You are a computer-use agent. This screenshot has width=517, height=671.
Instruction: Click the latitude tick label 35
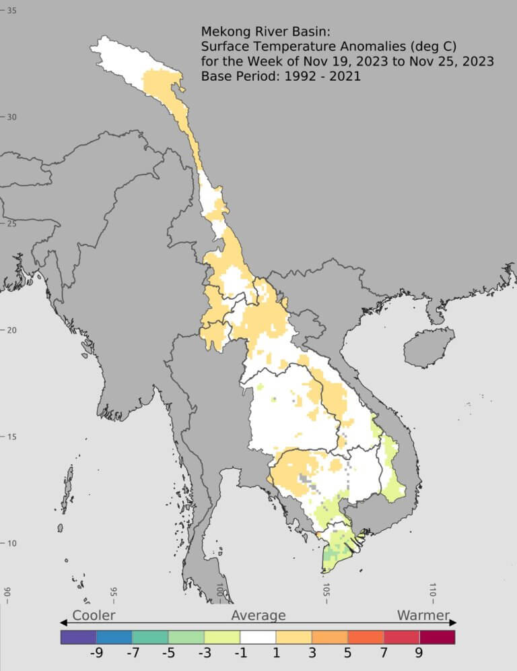[x=11, y=11]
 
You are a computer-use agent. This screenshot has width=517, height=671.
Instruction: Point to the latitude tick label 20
[x=11, y=330]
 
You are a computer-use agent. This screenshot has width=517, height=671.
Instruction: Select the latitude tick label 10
[x=11, y=544]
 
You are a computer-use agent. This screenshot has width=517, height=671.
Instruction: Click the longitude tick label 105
[x=326, y=590]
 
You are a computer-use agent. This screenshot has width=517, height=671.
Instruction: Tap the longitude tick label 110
[x=433, y=590]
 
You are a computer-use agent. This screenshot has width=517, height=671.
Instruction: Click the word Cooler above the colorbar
[x=94, y=615]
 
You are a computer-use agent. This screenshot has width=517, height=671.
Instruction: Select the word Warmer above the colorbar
[x=423, y=615]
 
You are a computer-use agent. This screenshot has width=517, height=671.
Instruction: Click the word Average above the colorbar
[x=258, y=615]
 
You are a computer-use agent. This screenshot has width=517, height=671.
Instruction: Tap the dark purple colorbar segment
[x=78, y=637]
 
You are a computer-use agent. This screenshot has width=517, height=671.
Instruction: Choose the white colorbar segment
[x=258, y=637]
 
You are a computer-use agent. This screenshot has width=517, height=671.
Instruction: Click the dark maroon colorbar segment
[x=437, y=637]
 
